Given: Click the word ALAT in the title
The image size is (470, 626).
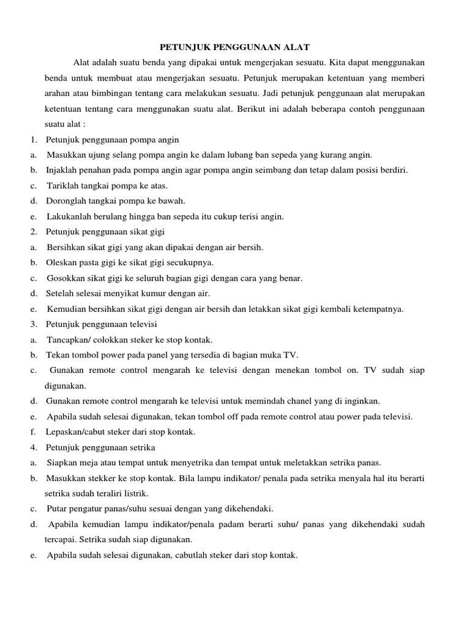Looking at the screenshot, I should (297, 46).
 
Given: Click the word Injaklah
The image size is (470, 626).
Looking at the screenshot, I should (62, 170).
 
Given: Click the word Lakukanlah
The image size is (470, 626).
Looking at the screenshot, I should (69, 216).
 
